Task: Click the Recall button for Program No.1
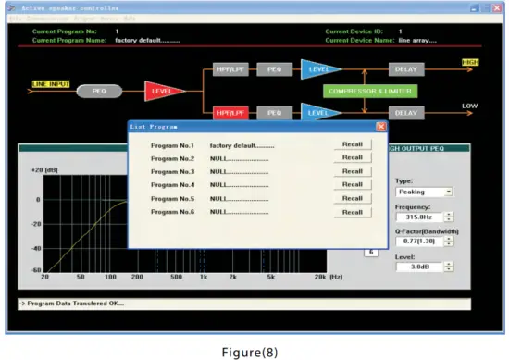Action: pos(352,144)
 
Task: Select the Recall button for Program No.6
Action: pos(352,212)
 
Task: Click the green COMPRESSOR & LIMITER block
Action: pos(369,91)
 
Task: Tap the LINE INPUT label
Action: pos(52,83)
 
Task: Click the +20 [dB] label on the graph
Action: pos(44,170)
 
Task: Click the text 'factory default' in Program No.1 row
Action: pos(242,145)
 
